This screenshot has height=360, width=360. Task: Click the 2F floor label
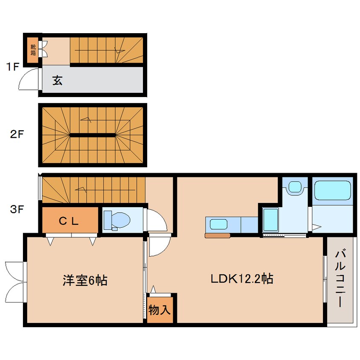[x=17, y=134]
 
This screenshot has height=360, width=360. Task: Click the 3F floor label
[x=17, y=209]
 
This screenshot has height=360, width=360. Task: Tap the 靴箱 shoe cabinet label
[x=33, y=50]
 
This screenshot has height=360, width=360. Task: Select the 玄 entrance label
[x=57, y=80]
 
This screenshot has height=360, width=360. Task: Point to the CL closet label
[x=69, y=221]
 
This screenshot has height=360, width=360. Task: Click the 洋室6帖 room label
[x=85, y=280]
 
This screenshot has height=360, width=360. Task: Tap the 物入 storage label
[x=159, y=310]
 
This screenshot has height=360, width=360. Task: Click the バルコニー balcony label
[x=340, y=279]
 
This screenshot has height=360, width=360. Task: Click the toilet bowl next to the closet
[x=117, y=220]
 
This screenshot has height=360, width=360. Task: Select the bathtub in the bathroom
[x=332, y=190]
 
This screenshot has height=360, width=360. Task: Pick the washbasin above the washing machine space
[x=295, y=187]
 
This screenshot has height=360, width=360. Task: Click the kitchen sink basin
[x=219, y=224]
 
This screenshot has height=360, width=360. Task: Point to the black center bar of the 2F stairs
[x=92, y=135]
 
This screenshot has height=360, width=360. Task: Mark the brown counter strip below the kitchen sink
[x=217, y=236]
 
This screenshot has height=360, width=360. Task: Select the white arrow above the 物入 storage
[x=153, y=289]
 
